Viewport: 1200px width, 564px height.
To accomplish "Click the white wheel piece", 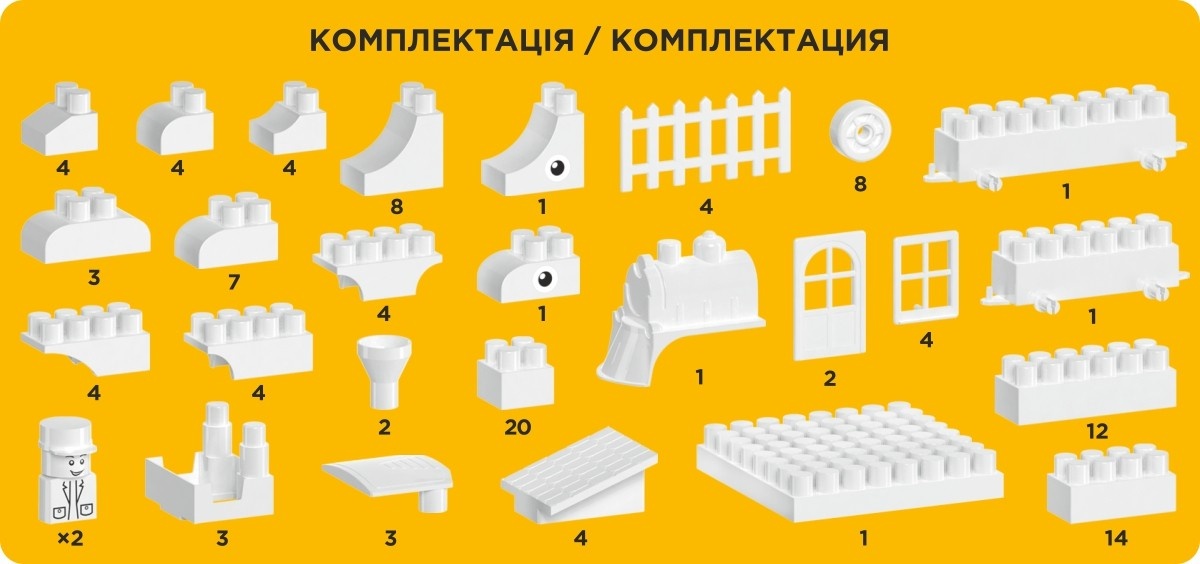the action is click(x=861, y=132).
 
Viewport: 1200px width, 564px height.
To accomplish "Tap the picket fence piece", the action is click(x=706, y=140).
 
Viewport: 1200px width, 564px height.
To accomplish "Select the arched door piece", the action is click(x=829, y=296).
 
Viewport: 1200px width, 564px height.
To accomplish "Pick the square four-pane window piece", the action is click(x=925, y=277).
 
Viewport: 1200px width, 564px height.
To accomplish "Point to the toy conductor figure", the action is click(x=67, y=471).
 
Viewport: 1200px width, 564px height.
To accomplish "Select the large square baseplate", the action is click(x=850, y=463).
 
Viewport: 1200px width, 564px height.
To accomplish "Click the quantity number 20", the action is click(x=518, y=427).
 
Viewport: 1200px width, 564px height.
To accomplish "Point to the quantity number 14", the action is click(x=1116, y=538).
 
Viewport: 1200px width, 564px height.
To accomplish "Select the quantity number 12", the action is click(x=1097, y=431).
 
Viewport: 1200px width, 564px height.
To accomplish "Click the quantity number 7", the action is click(x=234, y=282).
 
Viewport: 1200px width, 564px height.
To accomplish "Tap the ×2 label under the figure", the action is click(x=70, y=538).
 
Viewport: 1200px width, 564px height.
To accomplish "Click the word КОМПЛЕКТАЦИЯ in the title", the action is click(x=750, y=40).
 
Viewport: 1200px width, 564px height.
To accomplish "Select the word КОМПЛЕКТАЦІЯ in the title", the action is click(x=442, y=40).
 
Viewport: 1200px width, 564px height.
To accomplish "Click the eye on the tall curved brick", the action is click(x=558, y=168).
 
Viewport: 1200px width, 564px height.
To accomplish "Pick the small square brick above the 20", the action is click(x=515, y=373).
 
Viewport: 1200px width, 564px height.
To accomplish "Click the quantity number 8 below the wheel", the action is click(x=860, y=184).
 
